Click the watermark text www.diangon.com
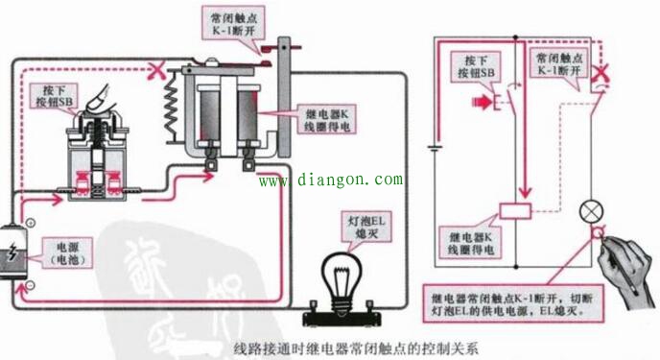[331, 180]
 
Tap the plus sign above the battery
[30, 223]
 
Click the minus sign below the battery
[30, 285]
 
